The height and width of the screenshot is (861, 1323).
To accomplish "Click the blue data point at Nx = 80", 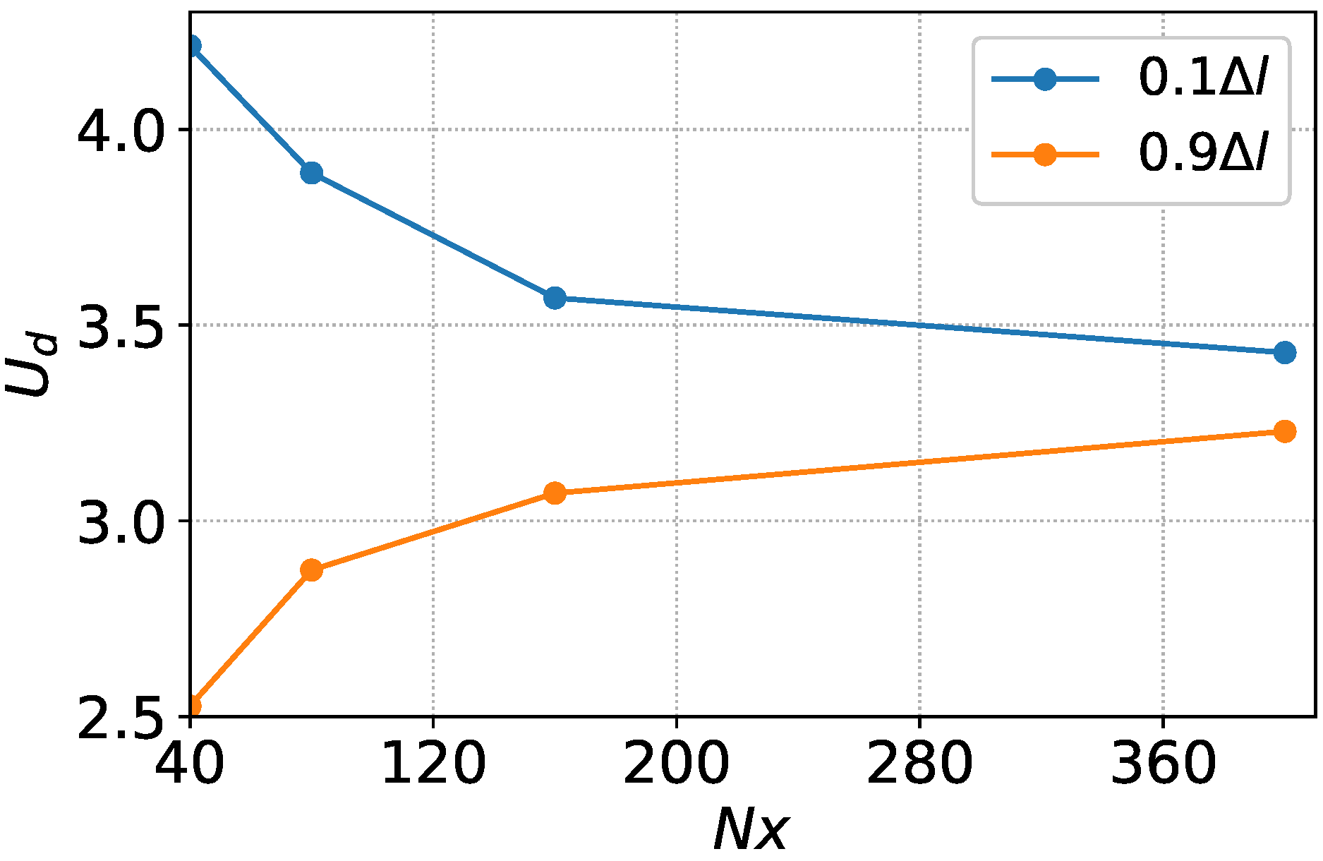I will [x=311, y=173].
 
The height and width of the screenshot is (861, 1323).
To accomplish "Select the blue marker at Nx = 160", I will [x=555, y=298].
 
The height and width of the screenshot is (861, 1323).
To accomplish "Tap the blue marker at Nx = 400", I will [x=1285, y=352].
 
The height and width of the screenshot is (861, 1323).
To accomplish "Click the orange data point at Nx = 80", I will [x=311, y=570].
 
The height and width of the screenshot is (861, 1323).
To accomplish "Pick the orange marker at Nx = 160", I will [x=555, y=493].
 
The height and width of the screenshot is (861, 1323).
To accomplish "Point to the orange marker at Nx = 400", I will [x=1285, y=431].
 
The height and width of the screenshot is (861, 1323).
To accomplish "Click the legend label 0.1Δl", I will [x=1204, y=78].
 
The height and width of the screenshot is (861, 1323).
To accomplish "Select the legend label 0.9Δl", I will [x=1204, y=154].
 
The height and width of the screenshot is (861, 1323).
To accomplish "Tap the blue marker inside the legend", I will [x=1045, y=79].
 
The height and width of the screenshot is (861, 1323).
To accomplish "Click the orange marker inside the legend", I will [x=1045, y=155].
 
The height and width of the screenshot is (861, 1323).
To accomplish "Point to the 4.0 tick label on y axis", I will [x=121, y=131].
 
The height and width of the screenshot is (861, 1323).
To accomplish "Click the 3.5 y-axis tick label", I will [x=121, y=327].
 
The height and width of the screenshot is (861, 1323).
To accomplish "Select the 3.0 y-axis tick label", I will [x=121, y=522].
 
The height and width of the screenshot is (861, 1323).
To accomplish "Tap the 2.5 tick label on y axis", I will [x=121, y=718].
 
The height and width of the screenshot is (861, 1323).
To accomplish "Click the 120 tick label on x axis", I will [x=433, y=765].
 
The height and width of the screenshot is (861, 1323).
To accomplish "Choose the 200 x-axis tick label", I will [x=676, y=765].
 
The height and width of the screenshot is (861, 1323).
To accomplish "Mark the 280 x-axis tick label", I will [x=919, y=765].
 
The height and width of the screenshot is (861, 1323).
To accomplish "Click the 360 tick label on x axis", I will [x=1163, y=765].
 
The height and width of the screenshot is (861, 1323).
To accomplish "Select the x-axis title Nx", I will [x=751, y=830].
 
